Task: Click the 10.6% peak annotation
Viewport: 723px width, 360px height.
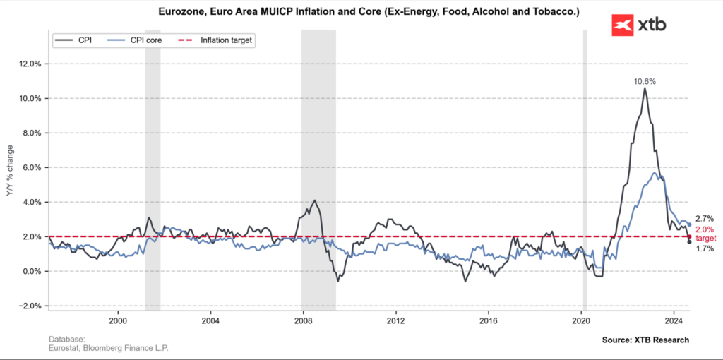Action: pos(644,81)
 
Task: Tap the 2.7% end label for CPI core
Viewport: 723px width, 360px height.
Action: pos(704,219)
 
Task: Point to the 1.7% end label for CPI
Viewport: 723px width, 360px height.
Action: pos(704,248)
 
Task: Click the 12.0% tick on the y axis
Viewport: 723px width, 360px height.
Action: pos(30,64)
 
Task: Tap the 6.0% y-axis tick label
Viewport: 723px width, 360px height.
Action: pos(30,167)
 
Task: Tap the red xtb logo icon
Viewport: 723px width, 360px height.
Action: pos(621,25)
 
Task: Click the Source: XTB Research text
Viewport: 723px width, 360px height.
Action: pos(645,340)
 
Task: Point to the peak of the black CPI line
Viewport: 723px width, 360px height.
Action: pos(644,88)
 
